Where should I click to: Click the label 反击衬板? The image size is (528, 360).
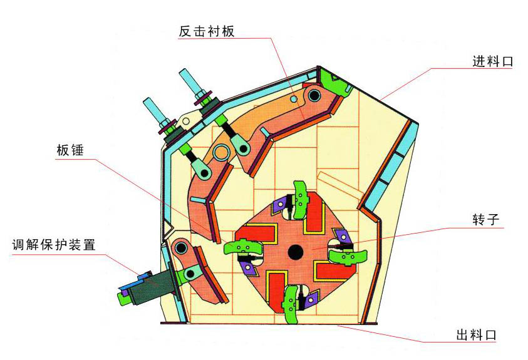pos(207,31)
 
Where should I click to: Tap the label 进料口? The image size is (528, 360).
pos(493,61)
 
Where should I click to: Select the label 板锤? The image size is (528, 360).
pos(70,150)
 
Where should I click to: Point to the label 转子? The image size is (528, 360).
pos(486,219)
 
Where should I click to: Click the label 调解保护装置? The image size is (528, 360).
pos(54,245)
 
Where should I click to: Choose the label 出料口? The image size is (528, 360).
pos(476,335)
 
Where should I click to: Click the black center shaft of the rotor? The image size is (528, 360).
pos(295,252)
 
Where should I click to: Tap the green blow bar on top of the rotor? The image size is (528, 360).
pos(299,200)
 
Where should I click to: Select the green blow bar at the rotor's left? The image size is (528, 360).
pos(243,247)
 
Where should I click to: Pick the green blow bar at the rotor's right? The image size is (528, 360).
pos(348,256)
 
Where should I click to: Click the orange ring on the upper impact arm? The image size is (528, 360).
pos(222,152)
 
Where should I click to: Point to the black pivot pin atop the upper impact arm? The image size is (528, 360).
pos(314,96)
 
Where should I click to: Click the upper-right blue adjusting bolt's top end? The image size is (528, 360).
pos(185,73)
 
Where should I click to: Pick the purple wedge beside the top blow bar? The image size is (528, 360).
pos(279,205)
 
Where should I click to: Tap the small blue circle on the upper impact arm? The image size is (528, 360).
pos(294,98)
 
